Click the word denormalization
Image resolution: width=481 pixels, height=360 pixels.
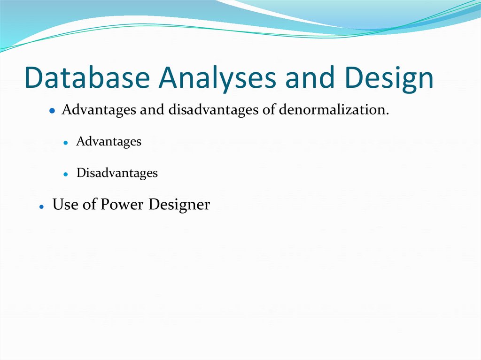coord(334,110)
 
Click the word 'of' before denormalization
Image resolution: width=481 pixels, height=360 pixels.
coord(269,110)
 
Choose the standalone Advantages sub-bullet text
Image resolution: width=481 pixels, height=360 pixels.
coord(109,141)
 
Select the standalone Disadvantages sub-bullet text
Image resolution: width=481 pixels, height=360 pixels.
coord(117,173)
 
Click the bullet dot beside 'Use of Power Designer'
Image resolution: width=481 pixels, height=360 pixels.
coord(42,207)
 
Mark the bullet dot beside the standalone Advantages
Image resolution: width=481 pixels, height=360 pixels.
coord(67,143)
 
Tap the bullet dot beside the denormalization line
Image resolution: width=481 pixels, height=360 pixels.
coord(53,111)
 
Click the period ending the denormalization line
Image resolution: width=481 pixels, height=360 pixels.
coord(388,114)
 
